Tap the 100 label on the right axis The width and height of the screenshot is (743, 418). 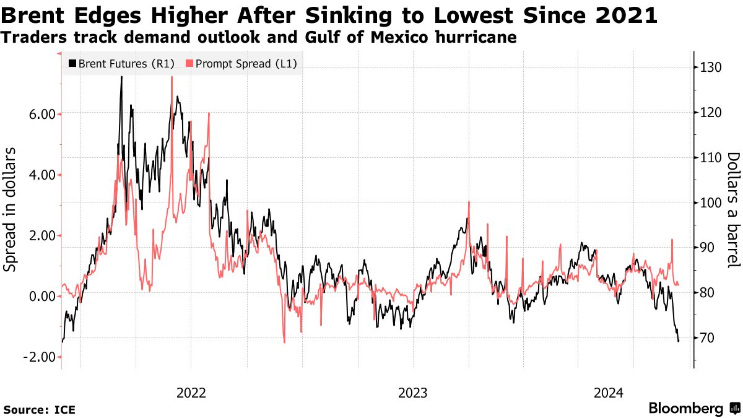710,202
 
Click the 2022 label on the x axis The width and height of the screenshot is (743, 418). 191,393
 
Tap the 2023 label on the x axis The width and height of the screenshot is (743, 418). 413,393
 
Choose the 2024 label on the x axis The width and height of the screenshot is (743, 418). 609,393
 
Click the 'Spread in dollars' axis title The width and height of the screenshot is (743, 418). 11,211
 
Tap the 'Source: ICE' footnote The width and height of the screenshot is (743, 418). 39,409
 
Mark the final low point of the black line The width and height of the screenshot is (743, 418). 679,341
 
